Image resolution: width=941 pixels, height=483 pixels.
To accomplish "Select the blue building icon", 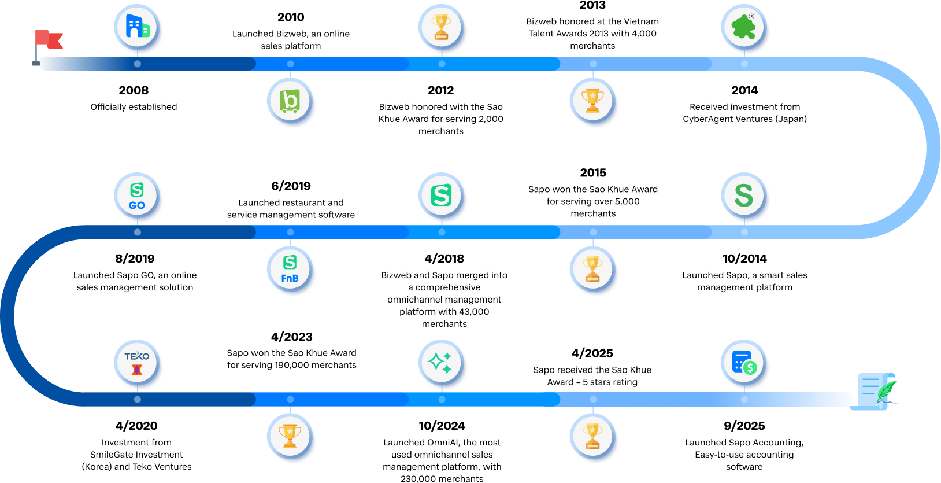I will [137, 27].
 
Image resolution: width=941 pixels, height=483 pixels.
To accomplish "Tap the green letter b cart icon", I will [290, 101].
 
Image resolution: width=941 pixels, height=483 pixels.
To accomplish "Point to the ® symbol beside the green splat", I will [751, 17].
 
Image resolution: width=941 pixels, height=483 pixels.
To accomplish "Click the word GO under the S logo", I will [137, 205].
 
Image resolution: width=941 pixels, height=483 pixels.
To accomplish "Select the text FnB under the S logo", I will [290, 278].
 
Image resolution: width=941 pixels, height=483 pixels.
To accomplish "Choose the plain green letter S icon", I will [744, 196].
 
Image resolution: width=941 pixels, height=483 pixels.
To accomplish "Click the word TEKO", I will [137, 356].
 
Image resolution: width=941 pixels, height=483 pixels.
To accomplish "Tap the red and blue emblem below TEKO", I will [137, 370].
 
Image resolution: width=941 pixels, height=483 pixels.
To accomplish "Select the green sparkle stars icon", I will [441, 363].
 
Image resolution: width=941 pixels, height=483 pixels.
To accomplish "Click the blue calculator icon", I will [740, 362].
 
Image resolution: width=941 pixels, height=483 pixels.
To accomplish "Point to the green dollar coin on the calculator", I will [750, 367].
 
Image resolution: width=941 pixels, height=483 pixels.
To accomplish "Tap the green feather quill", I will [886, 390].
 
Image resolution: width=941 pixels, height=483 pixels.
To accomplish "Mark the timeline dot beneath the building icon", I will [138, 64].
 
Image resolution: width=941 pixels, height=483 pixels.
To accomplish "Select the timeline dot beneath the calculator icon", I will [744, 399].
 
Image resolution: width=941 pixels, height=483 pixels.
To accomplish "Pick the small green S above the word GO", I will [137, 190].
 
